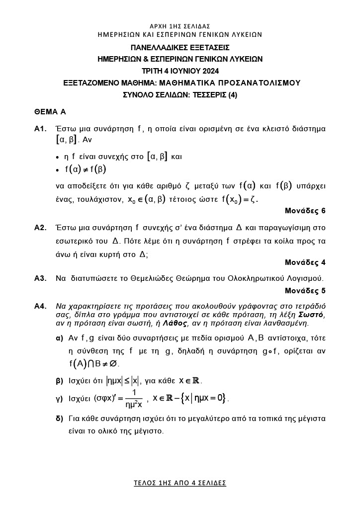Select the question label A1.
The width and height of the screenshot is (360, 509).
[x=40, y=129]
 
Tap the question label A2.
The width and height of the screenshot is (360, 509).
[x=40, y=228]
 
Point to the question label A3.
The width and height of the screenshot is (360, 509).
[x=40, y=278]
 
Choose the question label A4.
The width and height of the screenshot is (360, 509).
[x=40, y=306]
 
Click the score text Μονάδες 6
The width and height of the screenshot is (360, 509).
[x=305, y=211]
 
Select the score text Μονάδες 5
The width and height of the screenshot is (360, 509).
[x=305, y=290]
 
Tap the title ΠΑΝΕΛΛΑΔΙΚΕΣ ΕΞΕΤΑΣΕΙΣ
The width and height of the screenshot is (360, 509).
[x=180, y=48]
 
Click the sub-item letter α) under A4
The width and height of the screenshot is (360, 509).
[x=59, y=338]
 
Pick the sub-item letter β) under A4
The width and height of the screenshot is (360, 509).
[x=59, y=381]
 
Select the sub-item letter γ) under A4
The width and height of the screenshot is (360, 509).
[x=59, y=399]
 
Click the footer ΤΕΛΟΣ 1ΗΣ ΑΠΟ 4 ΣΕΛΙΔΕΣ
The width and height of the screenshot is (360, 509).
[x=180, y=483]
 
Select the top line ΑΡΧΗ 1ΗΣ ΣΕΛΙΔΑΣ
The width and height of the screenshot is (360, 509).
[x=180, y=26]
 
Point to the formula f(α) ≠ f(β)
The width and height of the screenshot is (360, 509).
[x=86, y=170]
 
